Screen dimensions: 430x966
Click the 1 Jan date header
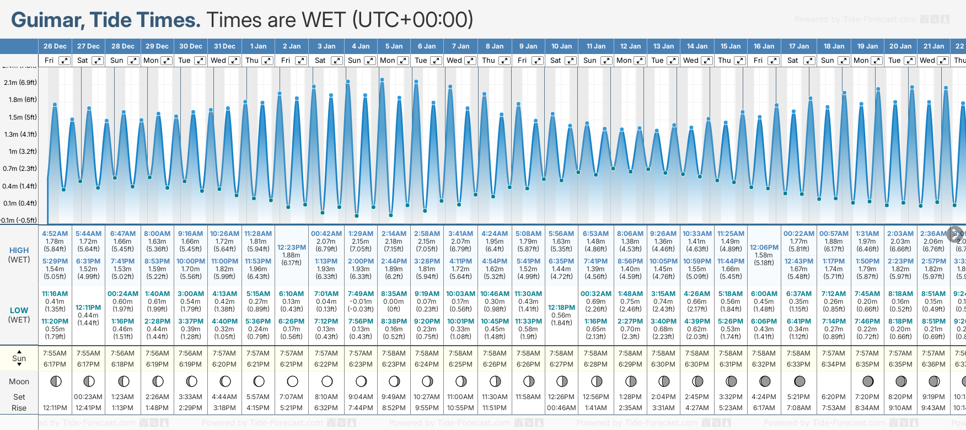(x=258, y=46)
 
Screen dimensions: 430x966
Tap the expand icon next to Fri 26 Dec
(x=65, y=61)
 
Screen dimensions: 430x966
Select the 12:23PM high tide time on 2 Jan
(x=291, y=248)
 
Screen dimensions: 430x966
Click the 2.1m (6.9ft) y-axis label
(x=20, y=83)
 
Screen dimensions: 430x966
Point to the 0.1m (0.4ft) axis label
(x=20, y=203)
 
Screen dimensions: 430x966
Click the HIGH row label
(x=19, y=250)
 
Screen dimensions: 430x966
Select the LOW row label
(x=19, y=310)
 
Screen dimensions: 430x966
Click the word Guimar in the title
(x=47, y=20)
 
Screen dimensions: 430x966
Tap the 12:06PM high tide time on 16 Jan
(x=764, y=248)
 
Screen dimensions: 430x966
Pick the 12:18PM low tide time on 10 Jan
(x=561, y=308)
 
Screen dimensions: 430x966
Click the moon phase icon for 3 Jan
(x=327, y=381)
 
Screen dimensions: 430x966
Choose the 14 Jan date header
(x=697, y=46)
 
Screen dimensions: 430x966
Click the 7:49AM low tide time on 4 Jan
(x=361, y=294)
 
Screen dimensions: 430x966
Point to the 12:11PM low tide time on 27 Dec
(x=88, y=308)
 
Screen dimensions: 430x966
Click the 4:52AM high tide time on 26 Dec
(x=55, y=234)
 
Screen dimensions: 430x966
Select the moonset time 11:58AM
(x=528, y=397)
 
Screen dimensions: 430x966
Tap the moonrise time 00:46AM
(x=561, y=408)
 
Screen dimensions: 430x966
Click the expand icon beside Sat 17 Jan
(x=809, y=61)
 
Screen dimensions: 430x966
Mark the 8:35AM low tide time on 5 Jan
(x=394, y=294)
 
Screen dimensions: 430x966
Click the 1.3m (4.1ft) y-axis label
(x=20, y=135)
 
